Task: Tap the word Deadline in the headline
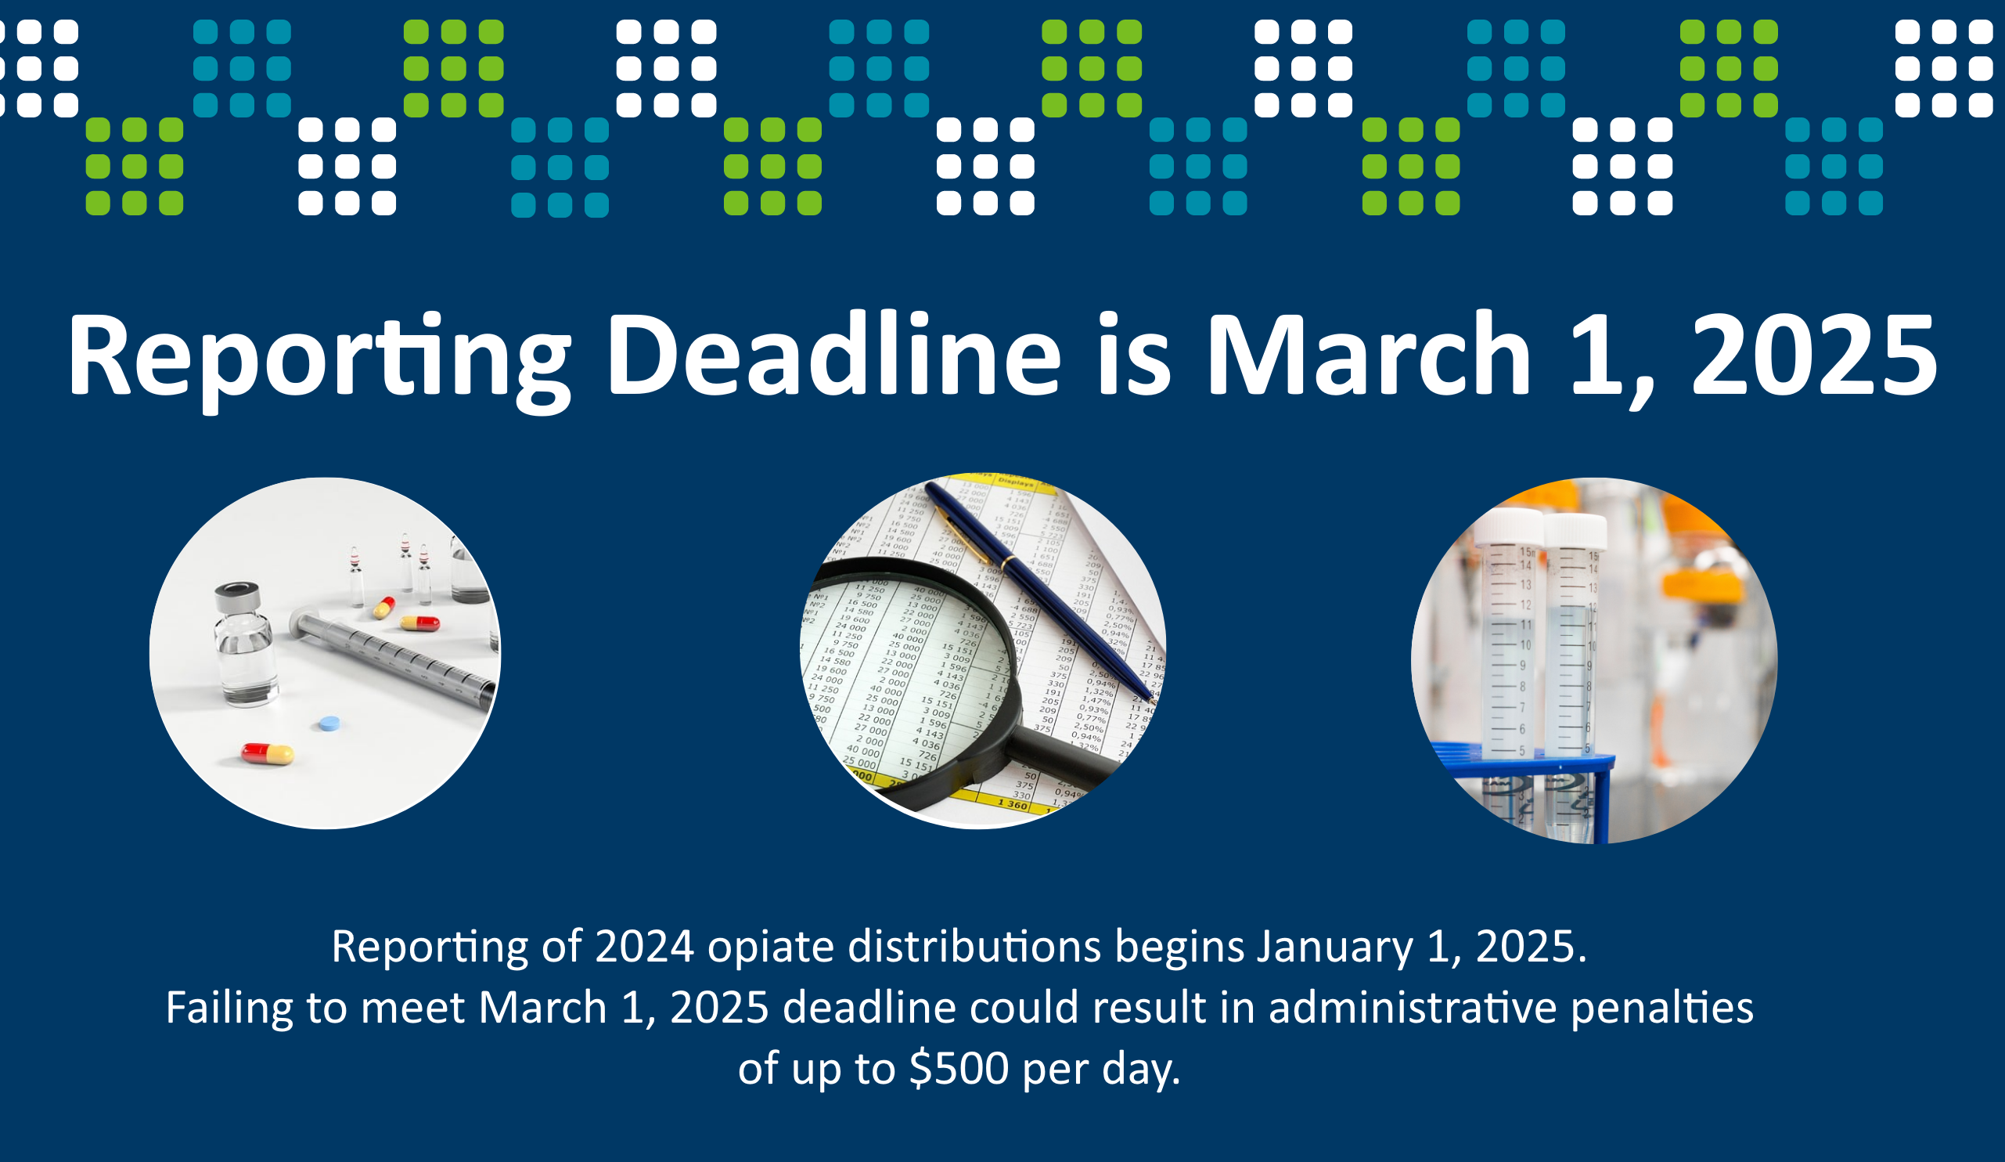pyautogui.click(x=833, y=353)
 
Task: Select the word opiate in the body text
pyautogui.click(x=770, y=947)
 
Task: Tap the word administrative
pyautogui.click(x=1413, y=1008)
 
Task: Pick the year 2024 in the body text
pyautogui.click(x=645, y=947)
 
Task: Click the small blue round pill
pyautogui.click(x=329, y=724)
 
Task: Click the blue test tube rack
pyautogui.click(x=1524, y=788)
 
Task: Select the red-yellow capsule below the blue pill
pyautogui.click(x=268, y=753)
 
